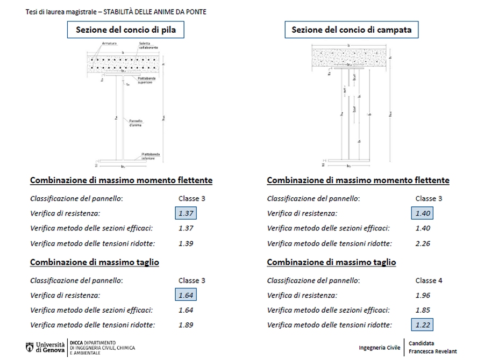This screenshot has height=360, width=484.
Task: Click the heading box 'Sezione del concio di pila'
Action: click(122, 30)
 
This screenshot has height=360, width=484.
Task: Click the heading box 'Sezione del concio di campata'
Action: click(351, 30)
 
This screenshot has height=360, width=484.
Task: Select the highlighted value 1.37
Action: click(186, 214)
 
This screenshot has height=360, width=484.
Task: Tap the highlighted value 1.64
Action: click(186, 295)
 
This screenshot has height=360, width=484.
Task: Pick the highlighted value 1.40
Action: click(423, 214)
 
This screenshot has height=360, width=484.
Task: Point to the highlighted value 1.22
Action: click(423, 325)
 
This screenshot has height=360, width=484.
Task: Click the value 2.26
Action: click(423, 243)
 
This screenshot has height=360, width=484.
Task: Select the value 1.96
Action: click(423, 295)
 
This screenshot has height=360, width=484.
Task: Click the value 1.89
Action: click(186, 325)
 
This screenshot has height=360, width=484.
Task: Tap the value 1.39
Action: click(186, 243)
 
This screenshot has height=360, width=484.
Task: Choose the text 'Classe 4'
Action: click(429, 280)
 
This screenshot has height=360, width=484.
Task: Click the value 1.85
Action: click(423, 310)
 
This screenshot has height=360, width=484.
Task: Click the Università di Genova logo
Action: click(45, 347)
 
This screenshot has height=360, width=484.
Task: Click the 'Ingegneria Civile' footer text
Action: click(380, 348)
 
